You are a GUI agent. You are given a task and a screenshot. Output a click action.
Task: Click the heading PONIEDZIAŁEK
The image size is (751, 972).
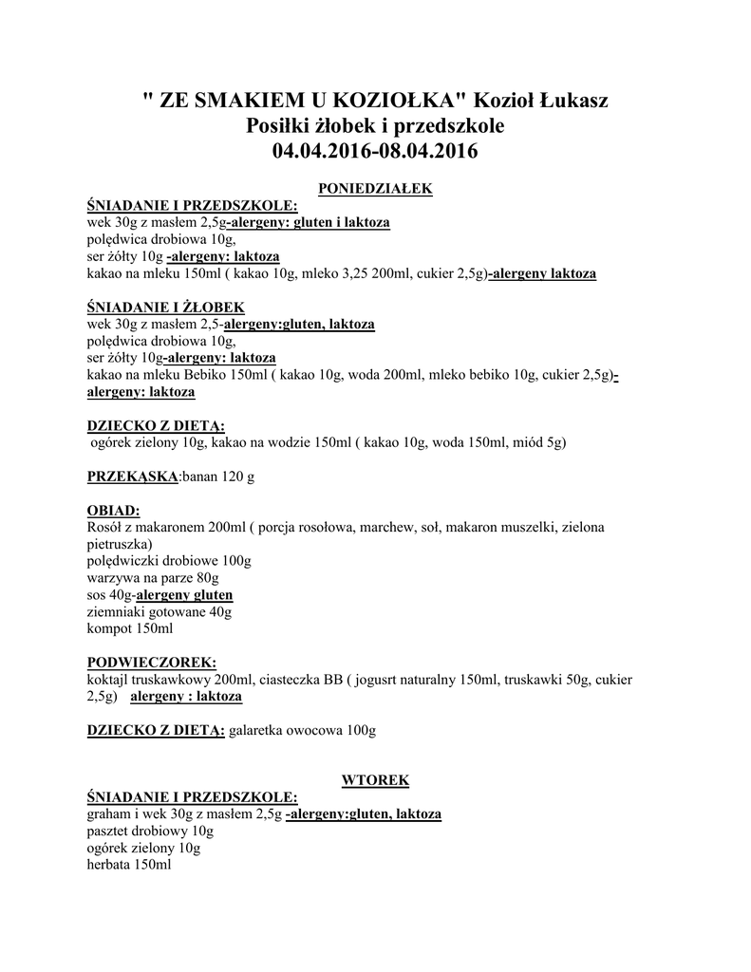pos(375,189)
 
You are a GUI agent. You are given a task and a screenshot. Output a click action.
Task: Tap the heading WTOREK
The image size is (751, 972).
pos(375,780)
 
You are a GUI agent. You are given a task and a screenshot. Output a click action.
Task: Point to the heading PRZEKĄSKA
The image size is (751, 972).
pos(132,477)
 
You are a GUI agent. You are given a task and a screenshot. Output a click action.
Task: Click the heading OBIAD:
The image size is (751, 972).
pos(113,511)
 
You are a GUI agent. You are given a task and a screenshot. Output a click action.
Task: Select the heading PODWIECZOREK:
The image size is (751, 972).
pos(151,663)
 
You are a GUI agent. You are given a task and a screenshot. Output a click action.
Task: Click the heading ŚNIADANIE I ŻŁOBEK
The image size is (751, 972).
pos(165,308)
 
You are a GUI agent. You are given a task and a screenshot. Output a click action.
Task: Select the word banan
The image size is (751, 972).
pos(200,477)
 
